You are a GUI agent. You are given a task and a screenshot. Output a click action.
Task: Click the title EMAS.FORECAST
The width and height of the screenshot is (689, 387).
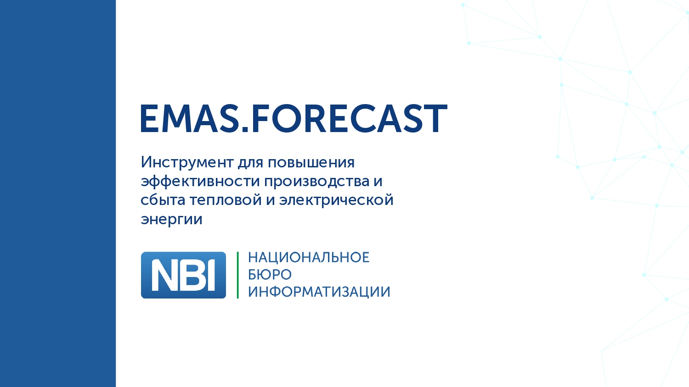tap(294, 118)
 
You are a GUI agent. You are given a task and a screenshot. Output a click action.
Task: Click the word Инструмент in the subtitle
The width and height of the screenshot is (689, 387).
tap(187, 162)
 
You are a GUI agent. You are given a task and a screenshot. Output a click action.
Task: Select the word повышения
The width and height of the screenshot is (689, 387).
tap(311, 162)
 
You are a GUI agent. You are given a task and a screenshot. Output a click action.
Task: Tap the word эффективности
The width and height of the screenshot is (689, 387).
tap(200, 181)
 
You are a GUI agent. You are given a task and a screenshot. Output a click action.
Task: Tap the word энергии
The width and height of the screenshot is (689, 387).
tap(171, 219)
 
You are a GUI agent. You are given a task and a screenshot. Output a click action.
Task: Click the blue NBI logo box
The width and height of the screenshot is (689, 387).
tap(183, 275)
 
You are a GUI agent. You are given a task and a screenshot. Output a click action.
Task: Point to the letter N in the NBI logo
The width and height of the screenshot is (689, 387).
tap(165, 276)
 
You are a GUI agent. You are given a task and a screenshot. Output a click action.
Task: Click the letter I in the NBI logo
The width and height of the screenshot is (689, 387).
tap(211, 276)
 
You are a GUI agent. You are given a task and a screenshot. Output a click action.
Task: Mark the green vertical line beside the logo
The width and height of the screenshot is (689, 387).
tap(237, 275)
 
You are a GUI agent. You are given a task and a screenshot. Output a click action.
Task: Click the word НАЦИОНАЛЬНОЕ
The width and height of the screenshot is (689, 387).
tap(308, 258)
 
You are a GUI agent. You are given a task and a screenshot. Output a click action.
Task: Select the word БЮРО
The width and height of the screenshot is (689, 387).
tap(270, 275)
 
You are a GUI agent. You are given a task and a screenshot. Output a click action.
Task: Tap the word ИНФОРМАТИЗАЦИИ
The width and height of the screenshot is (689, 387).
tap(319, 292)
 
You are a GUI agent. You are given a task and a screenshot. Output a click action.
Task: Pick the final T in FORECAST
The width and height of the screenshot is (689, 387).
tap(435, 119)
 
